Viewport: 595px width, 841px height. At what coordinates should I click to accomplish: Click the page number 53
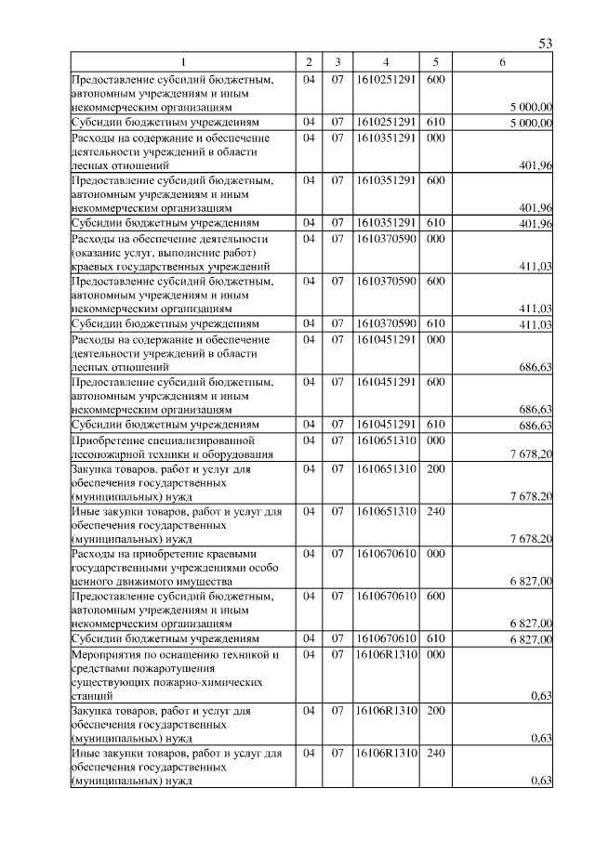546,45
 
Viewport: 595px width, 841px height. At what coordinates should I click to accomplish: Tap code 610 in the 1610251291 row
435,122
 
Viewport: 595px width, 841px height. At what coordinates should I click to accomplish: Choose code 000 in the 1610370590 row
435,239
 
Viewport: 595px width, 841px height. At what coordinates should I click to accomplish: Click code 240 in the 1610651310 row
435,511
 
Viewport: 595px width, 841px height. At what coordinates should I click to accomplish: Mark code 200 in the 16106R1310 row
435,710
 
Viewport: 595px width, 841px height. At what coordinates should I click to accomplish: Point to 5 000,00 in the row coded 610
532,123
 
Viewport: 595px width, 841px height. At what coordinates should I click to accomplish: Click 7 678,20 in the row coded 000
532,455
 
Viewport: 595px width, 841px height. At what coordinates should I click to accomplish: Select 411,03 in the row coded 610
536,324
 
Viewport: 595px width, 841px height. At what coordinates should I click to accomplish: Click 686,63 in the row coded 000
536,367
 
